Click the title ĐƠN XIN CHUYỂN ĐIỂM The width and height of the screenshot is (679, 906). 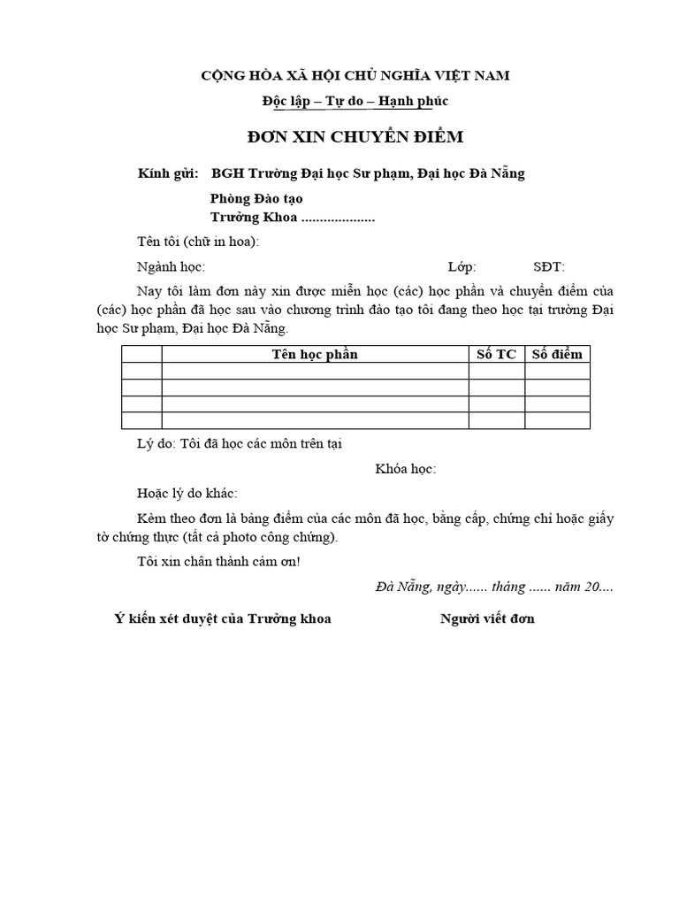(x=354, y=137)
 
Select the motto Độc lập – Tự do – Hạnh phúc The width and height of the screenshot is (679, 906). (x=355, y=102)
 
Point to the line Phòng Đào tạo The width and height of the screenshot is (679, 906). (x=256, y=198)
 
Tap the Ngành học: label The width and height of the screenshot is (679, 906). (x=171, y=266)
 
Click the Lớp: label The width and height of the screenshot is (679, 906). (x=462, y=266)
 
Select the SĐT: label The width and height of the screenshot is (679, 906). (x=548, y=266)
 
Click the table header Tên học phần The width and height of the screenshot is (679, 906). (x=315, y=355)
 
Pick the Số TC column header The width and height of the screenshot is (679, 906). (x=496, y=355)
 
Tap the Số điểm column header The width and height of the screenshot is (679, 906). (x=557, y=355)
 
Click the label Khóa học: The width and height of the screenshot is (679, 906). (x=406, y=468)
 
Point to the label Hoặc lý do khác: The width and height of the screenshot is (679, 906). (x=187, y=493)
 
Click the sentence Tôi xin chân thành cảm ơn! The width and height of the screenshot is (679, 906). (x=219, y=562)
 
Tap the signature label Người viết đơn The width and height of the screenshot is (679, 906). (x=487, y=618)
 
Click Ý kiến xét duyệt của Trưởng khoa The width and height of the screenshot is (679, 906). (x=223, y=618)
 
